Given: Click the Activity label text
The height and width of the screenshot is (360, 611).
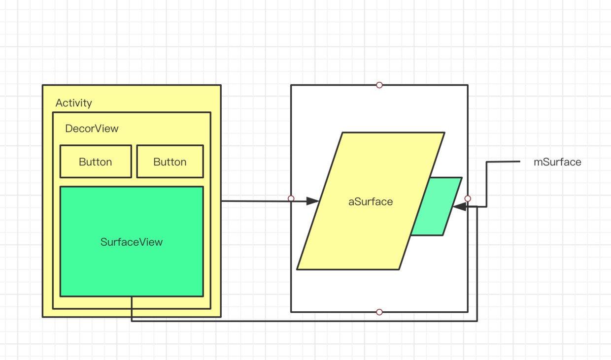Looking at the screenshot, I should (x=73, y=103).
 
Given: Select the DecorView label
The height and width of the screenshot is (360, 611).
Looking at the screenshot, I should (x=92, y=129).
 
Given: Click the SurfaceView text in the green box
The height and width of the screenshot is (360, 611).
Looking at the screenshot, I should (x=132, y=242).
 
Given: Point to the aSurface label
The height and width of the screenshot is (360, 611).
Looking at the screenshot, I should (x=371, y=201).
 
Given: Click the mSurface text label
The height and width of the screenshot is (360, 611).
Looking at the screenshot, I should (x=557, y=162).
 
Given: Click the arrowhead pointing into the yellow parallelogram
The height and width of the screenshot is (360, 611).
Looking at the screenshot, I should (x=312, y=201).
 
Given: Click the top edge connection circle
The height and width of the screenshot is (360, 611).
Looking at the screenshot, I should (x=379, y=85).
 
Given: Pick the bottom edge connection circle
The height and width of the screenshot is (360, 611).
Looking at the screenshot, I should (x=379, y=312).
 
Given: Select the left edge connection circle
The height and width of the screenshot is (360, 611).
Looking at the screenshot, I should (x=291, y=198).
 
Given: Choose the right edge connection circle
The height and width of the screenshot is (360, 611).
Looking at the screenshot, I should (x=468, y=198).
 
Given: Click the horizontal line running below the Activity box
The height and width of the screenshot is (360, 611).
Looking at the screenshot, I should (x=296, y=321).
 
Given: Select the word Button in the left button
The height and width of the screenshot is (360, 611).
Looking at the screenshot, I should (x=96, y=162).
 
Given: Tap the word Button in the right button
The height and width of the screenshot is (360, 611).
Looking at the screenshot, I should (x=170, y=162).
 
